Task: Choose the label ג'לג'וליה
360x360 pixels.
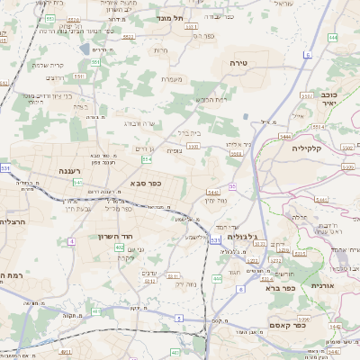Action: point(243,237)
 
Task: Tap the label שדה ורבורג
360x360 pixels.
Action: point(141,122)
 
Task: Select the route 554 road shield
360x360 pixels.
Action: point(146,159)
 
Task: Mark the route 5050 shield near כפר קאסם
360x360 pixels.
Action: point(304,318)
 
